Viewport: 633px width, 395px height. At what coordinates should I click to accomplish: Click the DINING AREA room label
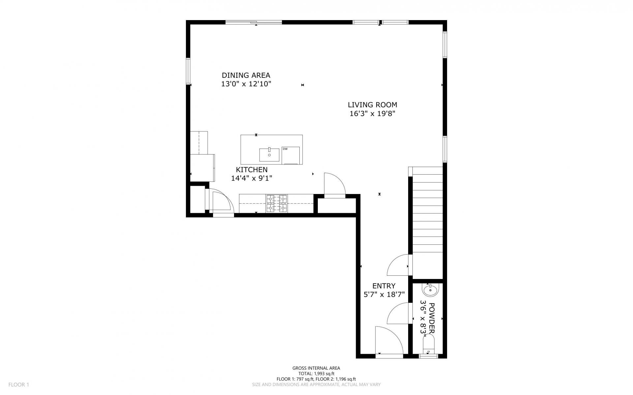pyautogui.click(x=246, y=75)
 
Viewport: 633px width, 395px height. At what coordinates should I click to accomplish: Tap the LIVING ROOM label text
pyautogui.click(x=372, y=105)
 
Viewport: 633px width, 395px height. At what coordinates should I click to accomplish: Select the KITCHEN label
pyautogui.click(x=252, y=170)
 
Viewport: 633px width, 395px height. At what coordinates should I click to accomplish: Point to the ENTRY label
pyautogui.click(x=384, y=286)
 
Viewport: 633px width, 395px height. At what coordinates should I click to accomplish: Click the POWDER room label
pyautogui.click(x=432, y=318)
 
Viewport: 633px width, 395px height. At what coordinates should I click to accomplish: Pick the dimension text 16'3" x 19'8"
pyautogui.click(x=372, y=114)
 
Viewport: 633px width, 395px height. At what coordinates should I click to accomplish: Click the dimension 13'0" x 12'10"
pyautogui.click(x=246, y=84)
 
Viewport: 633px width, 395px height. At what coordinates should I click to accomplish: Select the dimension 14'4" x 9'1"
pyautogui.click(x=252, y=178)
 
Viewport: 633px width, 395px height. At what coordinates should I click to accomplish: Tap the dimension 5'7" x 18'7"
pyautogui.click(x=384, y=295)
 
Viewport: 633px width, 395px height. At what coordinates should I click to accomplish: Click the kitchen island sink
pyautogui.click(x=269, y=155)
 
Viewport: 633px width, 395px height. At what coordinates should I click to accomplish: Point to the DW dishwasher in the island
pyautogui.click(x=290, y=155)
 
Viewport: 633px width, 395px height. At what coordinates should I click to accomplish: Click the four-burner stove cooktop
pyautogui.click(x=277, y=203)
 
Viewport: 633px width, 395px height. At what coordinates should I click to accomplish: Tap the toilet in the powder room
pyautogui.click(x=428, y=345)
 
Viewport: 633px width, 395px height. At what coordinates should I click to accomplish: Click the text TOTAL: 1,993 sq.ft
pyautogui.click(x=316, y=374)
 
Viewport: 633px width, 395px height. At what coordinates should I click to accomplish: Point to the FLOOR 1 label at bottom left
pyautogui.click(x=19, y=384)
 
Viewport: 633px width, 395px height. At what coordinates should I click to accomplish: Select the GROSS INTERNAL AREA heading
pyautogui.click(x=316, y=368)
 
